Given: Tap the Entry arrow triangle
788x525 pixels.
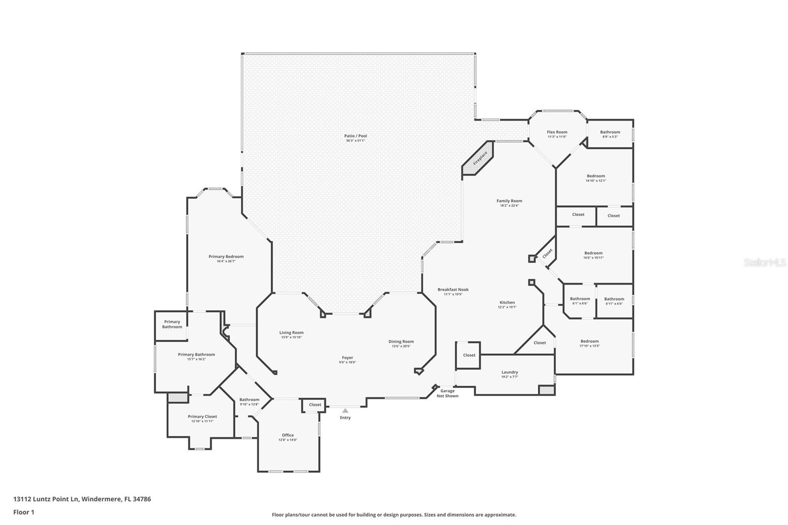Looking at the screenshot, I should [x=345, y=410].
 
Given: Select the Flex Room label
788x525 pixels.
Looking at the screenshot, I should [x=557, y=132].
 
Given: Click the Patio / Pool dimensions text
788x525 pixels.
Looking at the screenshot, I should [x=356, y=141].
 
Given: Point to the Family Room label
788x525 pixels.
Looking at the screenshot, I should [x=509, y=201].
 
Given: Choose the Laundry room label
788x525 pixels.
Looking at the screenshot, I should [x=510, y=372].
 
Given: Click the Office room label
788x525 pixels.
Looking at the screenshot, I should [x=288, y=435].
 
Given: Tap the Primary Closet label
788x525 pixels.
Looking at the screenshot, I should [x=202, y=417].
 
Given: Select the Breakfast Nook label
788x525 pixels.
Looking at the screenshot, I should [x=453, y=290].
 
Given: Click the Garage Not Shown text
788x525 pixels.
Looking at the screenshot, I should [x=448, y=394].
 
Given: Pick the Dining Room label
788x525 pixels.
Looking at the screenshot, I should [x=401, y=341].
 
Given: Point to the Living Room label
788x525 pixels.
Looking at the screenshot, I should [x=292, y=332].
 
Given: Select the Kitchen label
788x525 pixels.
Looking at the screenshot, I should [x=507, y=302].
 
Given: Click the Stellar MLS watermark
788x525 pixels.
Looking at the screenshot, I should [x=764, y=263].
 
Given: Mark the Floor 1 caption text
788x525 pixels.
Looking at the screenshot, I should [x=24, y=512].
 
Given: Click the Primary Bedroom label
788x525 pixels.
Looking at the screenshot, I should [x=226, y=257].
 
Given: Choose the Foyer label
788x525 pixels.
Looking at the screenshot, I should [x=348, y=358].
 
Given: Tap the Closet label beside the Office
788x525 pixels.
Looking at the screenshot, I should [x=315, y=405].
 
